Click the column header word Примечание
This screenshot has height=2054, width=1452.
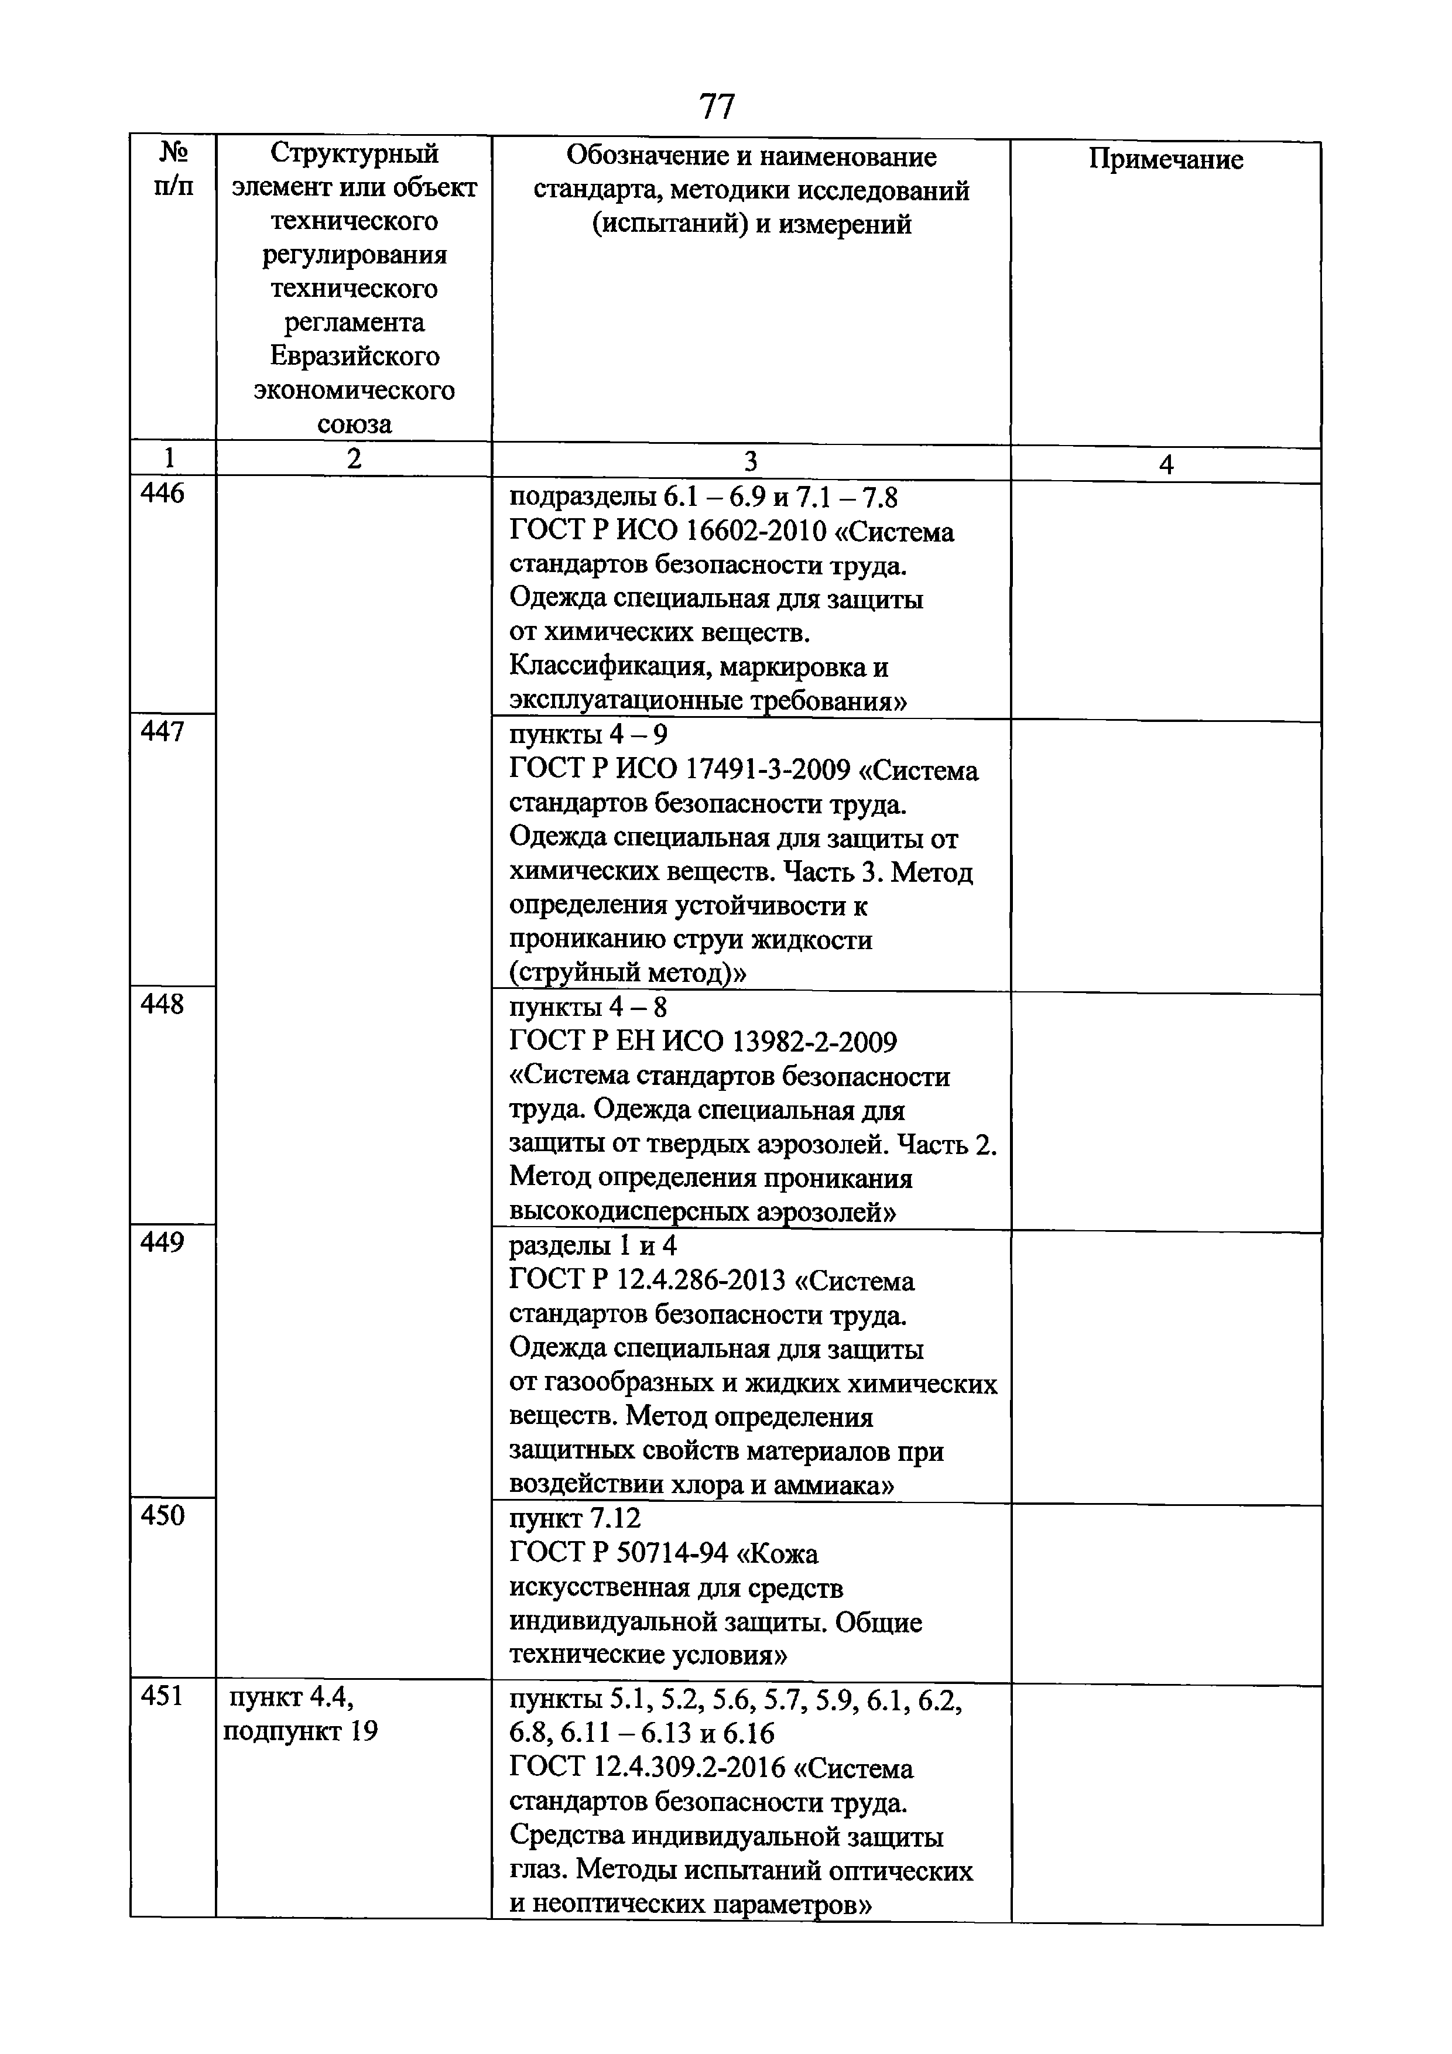(1165, 159)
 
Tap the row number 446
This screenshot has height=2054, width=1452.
(162, 493)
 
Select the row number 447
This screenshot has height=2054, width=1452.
(162, 732)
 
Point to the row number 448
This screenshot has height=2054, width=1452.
(162, 1005)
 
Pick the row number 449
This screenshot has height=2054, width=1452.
(162, 1242)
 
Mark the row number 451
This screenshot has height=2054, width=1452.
(162, 1695)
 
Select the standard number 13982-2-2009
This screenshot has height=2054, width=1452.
(814, 1042)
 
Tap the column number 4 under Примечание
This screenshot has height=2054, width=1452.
(1165, 464)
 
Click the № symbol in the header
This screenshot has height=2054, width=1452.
(173, 152)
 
